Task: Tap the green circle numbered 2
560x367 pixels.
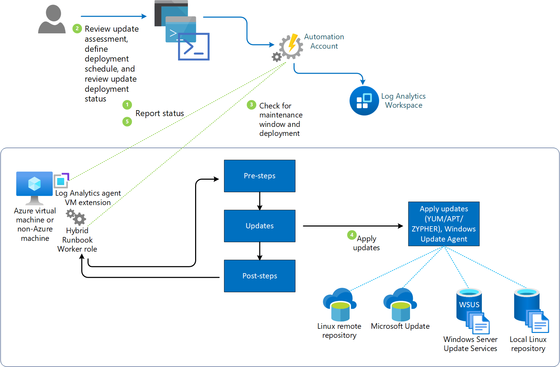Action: pyautogui.click(x=77, y=28)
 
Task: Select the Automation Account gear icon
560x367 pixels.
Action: pyautogui.click(x=291, y=46)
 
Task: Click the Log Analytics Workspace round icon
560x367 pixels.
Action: pyautogui.click(x=364, y=101)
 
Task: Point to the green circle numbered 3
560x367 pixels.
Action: pyautogui.click(x=251, y=105)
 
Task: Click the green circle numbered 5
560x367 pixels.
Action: pyautogui.click(x=127, y=122)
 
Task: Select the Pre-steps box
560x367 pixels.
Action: pyautogui.click(x=260, y=176)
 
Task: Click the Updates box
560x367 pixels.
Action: pyautogui.click(x=260, y=226)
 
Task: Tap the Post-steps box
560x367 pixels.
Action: pyautogui.click(x=260, y=276)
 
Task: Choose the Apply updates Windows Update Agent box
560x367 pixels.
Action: pyautogui.click(x=444, y=224)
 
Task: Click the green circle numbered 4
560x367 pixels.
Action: pyautogui.click(x=352, y=235)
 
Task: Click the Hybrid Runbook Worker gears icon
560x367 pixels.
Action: pyautogui.click(x=76, y=217)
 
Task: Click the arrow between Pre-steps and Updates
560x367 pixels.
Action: pyautogui.click(x=260, y=201)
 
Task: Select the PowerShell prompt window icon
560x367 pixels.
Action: pyautogui.click(x=194, y=47)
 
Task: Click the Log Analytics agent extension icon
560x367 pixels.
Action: pyautogui.click(x=61, y=181)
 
